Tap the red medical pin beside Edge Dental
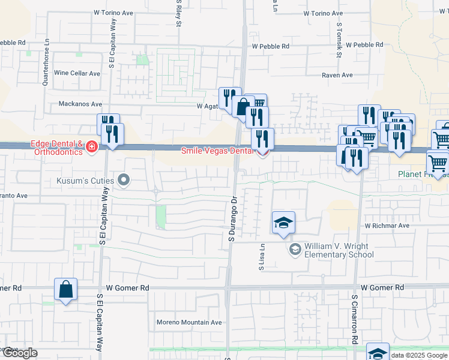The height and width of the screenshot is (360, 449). (x=92, y=147)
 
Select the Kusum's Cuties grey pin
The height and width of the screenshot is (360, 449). (x=124, y=179)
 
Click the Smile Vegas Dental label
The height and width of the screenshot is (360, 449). (x=218, y=151)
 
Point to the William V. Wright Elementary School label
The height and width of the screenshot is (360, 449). (x=339, y=250)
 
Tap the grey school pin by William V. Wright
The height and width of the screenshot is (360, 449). (x=295, y=249)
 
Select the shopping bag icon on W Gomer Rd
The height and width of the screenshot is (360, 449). (x=65, y=289)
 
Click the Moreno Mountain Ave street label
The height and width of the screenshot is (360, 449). (x=188, y=322)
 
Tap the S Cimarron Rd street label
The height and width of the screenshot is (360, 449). (x=355, y=319)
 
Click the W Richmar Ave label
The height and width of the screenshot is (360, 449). (x=387, y=226)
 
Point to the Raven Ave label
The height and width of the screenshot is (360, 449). (x=337, y=75)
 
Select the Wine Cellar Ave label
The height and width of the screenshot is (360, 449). (x=77, y=73)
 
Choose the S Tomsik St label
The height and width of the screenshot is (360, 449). (x=339, y=40)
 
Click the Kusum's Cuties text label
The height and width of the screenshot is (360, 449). (x=85, y=179)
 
